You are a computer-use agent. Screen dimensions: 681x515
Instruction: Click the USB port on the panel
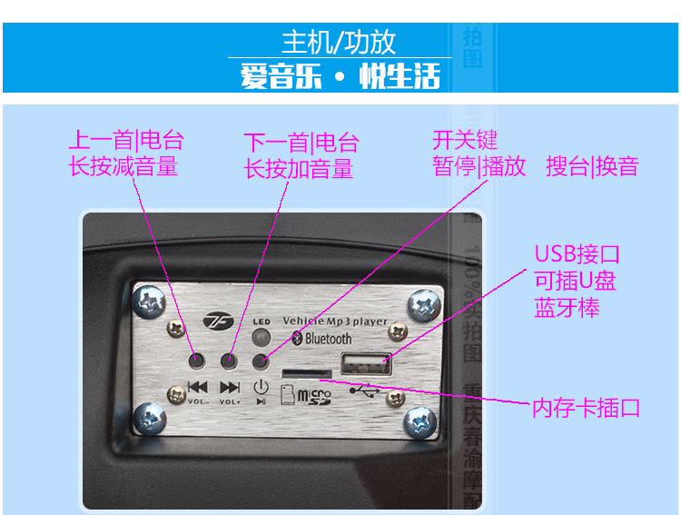(x=366, y=365)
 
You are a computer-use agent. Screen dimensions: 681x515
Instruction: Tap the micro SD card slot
(x=306, y=373)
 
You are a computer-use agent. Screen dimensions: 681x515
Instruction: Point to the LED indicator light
(x=262, y=339)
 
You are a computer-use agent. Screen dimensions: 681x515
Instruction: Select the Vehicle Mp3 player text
(x=335, y=321)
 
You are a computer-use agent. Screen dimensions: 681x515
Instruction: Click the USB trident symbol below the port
(x=365, y=391)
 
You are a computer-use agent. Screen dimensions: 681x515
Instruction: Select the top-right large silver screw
(x=422, y=302)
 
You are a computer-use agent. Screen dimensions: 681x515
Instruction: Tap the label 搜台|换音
(x=592, y=166)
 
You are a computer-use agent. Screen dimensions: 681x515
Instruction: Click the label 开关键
(x=465, y=140)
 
